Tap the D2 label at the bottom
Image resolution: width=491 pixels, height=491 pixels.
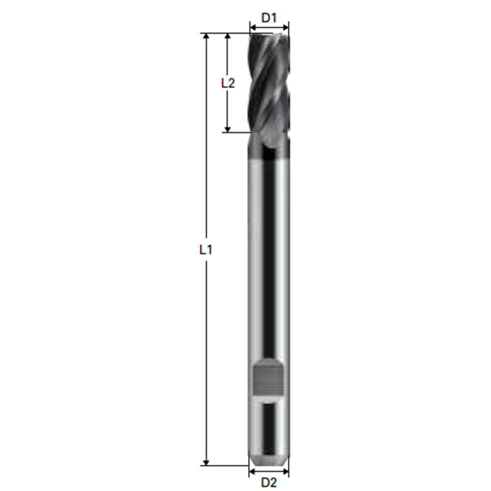pos(269,482)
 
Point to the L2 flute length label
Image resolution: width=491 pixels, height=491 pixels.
pos(227,83)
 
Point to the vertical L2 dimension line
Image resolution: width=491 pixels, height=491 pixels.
pos(227,105)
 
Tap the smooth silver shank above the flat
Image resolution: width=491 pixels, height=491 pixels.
pos(269,267)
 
